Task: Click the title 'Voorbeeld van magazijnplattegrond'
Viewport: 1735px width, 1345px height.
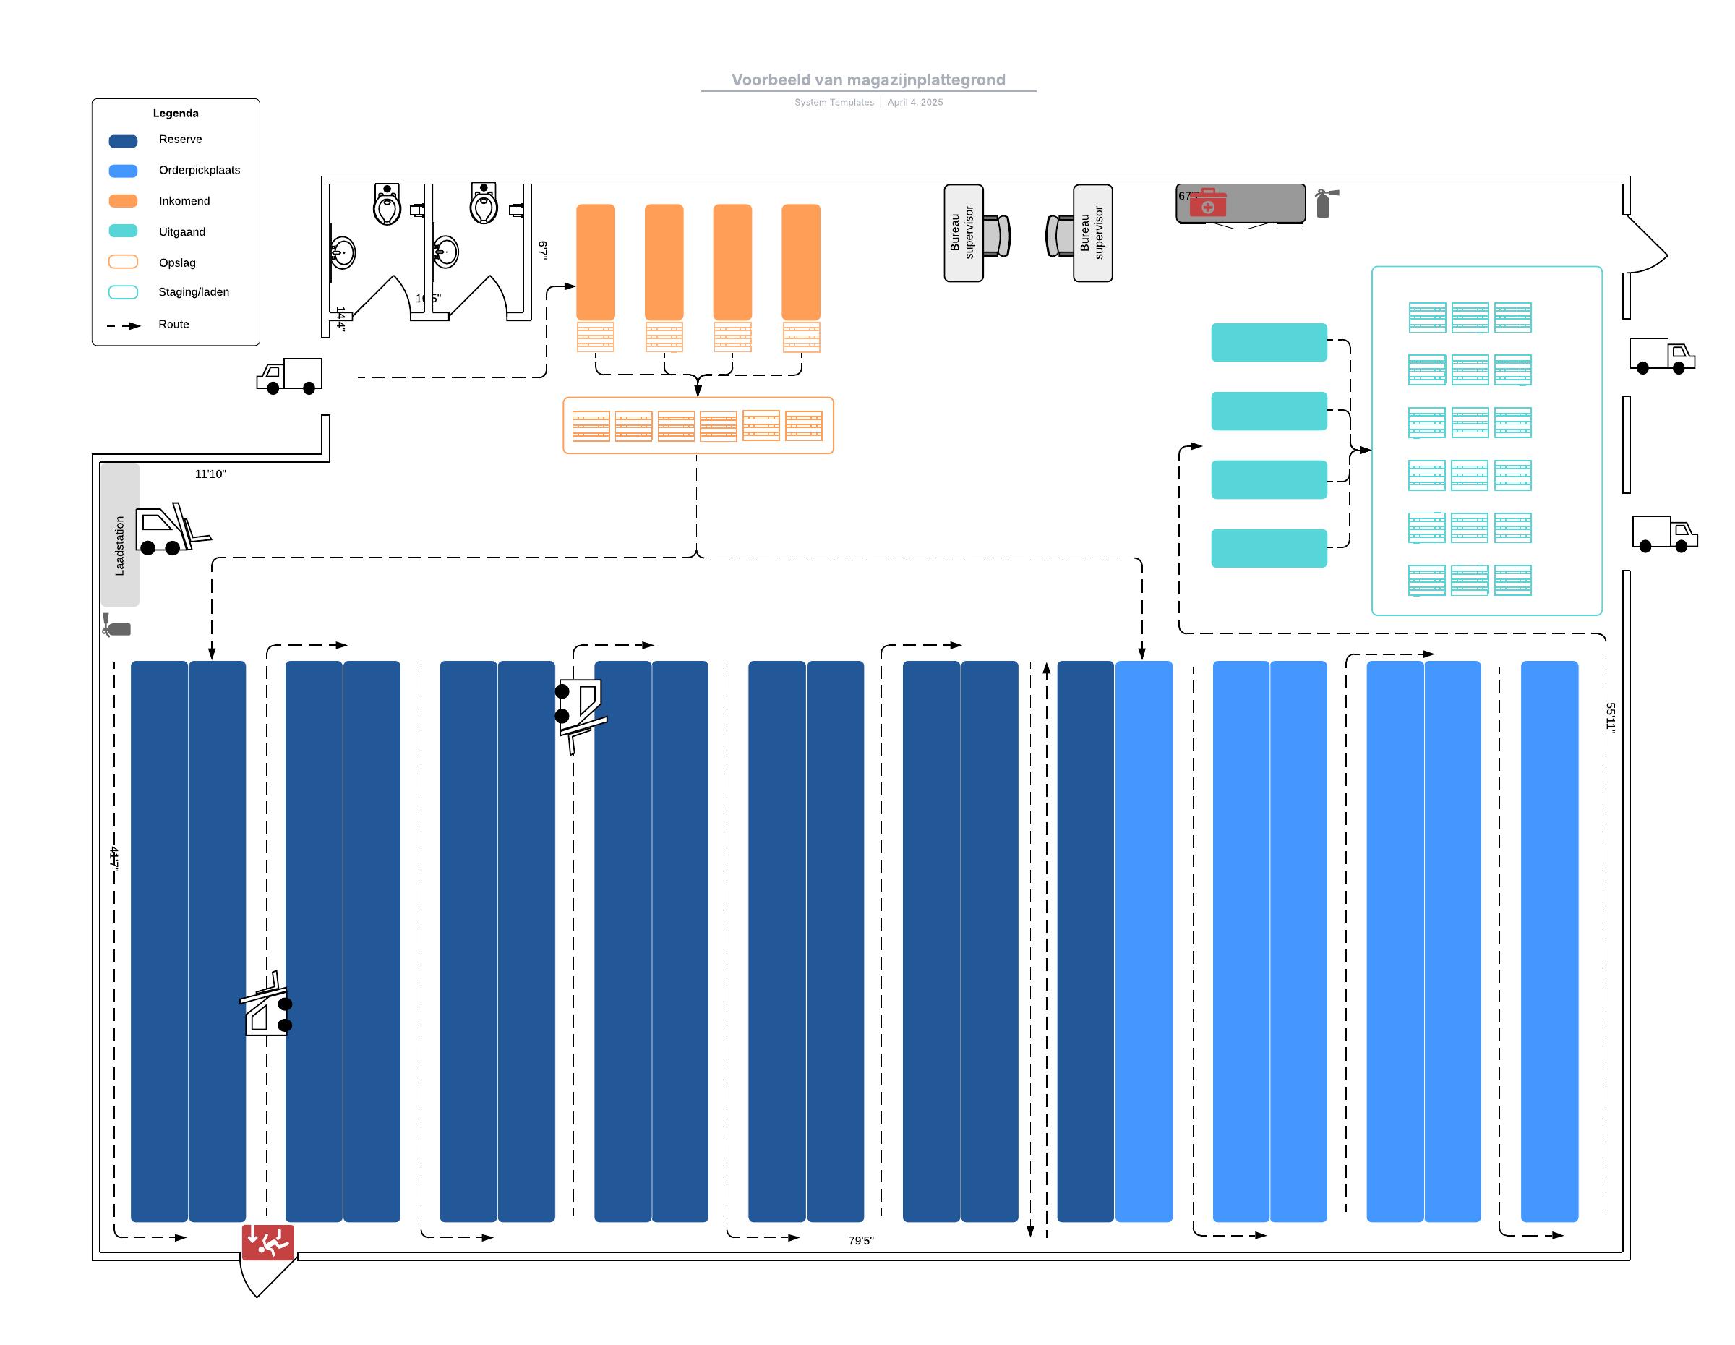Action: (867, 80)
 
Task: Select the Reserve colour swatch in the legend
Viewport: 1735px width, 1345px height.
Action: (123, 140)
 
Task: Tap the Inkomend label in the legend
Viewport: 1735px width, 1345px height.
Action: (184, 201)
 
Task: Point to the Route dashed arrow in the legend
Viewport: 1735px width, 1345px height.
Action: (124, 325)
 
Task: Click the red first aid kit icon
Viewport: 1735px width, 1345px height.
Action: (1207, 203)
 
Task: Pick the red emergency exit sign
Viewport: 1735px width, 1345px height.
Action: (267, 1241)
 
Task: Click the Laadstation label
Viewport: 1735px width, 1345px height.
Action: (120, 545)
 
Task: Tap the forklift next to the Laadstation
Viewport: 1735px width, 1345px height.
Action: (171, 529)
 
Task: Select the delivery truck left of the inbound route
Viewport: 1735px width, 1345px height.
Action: (290, 376)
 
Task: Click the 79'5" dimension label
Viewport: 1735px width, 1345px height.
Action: (860, 1240)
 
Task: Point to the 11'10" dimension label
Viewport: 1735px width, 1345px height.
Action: (210, 474)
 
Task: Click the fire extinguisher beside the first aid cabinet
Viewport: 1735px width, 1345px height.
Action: (1324, 202)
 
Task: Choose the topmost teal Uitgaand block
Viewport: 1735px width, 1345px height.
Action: (1269, 343)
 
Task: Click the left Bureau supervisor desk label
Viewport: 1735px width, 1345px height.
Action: (963, 233)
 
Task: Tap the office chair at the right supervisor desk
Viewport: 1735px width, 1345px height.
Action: (1060, 236)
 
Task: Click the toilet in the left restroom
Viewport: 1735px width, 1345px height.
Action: (387, 207)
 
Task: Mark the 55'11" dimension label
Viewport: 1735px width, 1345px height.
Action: (1609, 717)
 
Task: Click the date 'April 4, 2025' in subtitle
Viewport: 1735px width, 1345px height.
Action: (915, 103)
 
